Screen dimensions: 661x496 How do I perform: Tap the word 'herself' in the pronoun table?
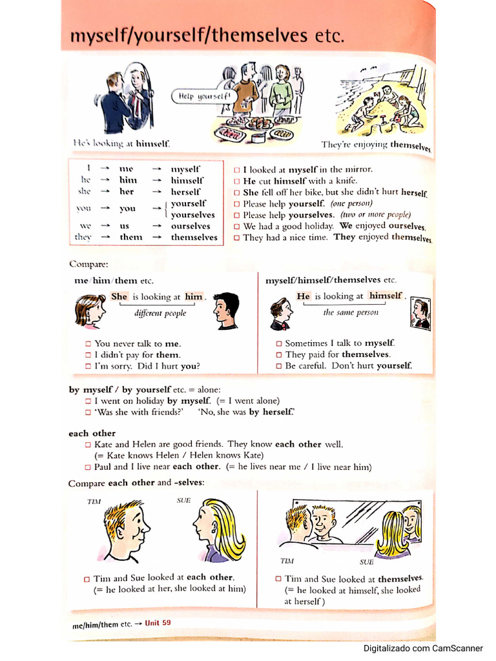click(186, 192)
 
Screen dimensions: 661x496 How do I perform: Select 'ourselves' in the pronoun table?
click(191, 226)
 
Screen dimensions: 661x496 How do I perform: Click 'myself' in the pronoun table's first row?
click(185, 168)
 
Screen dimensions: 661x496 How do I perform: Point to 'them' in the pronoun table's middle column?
click(130, 238)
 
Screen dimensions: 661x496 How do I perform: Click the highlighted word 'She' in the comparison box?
click(119, 297)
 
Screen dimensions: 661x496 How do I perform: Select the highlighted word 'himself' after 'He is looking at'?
click(386, 296)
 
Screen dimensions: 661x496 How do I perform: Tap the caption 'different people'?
click(160, 314)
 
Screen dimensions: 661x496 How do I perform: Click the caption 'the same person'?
click(350, 312)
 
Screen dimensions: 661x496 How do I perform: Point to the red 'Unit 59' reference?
click(158, 623)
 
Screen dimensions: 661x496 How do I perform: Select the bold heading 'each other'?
click(92, 433)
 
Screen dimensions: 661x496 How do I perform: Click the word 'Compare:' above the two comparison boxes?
click(89, 264)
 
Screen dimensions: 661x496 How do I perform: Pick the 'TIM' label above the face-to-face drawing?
click(94, 501)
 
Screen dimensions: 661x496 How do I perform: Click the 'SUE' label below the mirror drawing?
click(366, 562)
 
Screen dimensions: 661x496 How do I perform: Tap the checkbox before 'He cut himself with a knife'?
click(236, 181)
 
